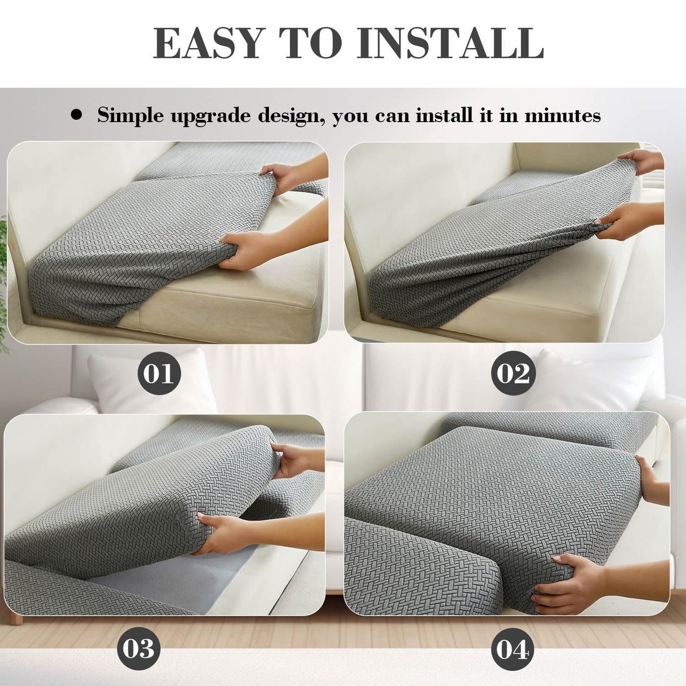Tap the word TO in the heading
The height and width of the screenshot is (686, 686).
pyautogui.click(x=311, y=43)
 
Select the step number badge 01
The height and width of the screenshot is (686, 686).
pyautogui.click(x=159, y=374)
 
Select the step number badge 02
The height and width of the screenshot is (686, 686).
pyautogui.click(x=513, y=374)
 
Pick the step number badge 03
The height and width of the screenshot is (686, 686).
pyautogui.click(x=138, y=648)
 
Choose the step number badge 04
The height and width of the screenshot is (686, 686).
pyautogui.click(x=512, y=649)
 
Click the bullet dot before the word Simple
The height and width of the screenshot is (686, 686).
pyautogui.click(x=76, y=115)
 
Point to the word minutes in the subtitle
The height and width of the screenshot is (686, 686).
pyautogui.click(x=562, y=115)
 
